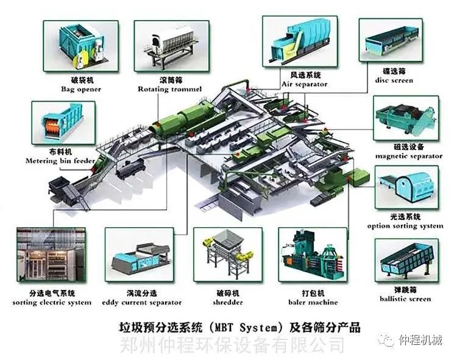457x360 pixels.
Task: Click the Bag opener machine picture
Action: coord(80,46)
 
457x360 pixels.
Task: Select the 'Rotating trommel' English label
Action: coord(169,89)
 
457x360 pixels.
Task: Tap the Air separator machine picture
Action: coord(300,41)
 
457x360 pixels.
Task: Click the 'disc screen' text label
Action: coord(394,80)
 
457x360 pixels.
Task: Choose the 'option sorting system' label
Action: coord(405,226)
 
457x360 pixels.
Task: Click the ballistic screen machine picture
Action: coord(406,260)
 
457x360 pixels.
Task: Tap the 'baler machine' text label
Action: coord(313,302)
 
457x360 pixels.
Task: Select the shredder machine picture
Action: coord(228,255)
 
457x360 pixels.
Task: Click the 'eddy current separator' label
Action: coord(141,303)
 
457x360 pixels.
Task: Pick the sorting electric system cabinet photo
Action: coord(51,255)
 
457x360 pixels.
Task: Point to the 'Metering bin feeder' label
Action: coord(60,161)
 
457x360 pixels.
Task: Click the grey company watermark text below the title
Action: coord(232,345)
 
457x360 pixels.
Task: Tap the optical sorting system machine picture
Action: coord(406,187)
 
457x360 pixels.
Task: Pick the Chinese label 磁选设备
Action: coord(409,147)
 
